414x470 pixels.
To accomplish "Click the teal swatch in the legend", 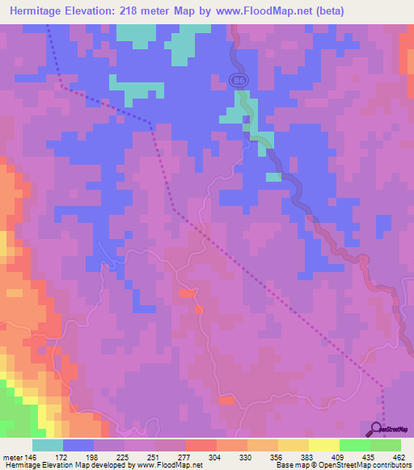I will [x=48, y=445].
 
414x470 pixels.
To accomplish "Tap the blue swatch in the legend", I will [x=78, y=445].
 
